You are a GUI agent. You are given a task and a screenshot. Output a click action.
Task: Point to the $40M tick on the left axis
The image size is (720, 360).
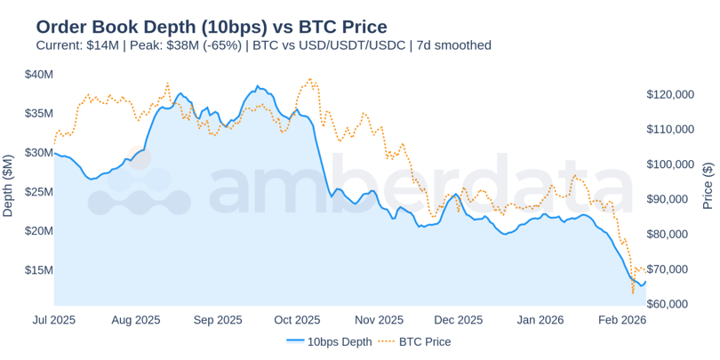click(x=38, y=75)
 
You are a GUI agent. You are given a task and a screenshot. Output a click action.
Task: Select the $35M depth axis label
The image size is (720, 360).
click(x=38, y=114)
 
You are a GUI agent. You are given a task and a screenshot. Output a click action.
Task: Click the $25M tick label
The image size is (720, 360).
click(x=38, y=192)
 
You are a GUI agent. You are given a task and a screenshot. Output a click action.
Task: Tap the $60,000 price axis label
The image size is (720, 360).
click(x=668, y=304)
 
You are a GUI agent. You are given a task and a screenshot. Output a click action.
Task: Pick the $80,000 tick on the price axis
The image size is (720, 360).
click(x=668, y=235)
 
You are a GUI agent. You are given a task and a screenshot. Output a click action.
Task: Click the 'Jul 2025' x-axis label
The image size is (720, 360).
click(x=54, y=320)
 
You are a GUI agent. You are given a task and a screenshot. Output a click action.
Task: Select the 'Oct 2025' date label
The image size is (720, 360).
click(x=297, y=320)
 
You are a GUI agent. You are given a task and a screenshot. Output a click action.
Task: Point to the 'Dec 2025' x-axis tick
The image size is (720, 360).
click(x=459, y=320)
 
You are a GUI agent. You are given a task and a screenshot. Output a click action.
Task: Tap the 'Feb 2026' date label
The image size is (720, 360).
click(x=621, y=320)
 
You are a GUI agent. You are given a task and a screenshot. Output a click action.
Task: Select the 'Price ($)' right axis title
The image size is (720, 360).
click(x=708, y=186)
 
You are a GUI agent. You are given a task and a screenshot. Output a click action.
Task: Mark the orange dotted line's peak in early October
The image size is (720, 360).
click(x=309, y=78)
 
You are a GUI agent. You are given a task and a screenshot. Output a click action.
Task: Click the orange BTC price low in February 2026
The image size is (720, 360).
click(x=633, y=292)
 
